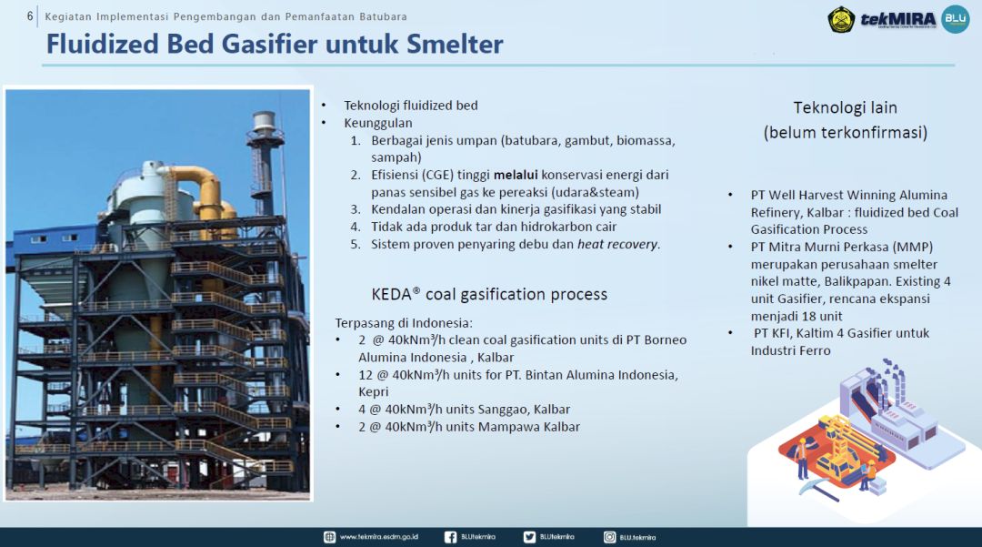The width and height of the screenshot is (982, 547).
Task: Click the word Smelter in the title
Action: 455,44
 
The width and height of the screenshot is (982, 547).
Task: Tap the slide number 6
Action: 30,16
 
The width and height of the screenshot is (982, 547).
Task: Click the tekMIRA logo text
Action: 897,19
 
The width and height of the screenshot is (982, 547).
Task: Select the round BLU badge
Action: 955,19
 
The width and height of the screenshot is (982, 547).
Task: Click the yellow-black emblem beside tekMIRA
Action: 841,19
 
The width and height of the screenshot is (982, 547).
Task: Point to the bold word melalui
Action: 516,175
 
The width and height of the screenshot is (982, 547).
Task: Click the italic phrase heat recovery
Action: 617,244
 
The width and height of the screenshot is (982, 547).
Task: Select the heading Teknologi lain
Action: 846,107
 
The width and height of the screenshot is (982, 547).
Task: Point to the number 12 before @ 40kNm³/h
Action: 366,375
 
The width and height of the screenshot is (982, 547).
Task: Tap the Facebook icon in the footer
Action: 450,537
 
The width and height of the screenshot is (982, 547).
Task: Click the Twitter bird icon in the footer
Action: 529,537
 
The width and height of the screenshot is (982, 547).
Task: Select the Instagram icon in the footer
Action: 609,537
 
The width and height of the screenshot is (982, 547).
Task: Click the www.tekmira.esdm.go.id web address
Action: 379,537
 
